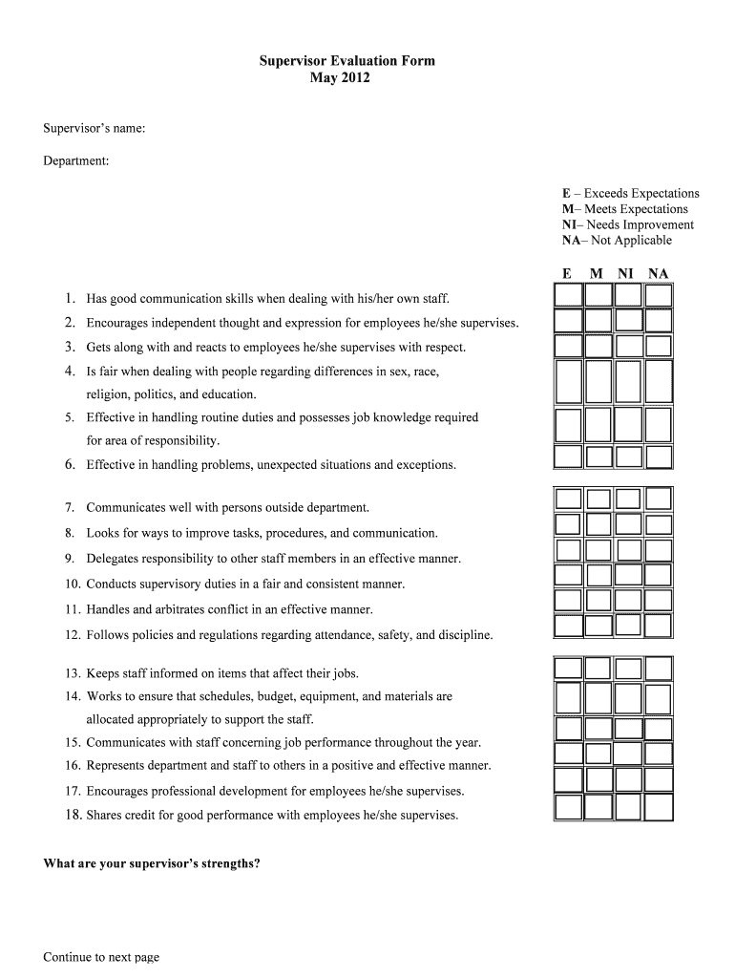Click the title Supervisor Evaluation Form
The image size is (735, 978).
coord(346,61)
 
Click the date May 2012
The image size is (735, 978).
coord(339,78)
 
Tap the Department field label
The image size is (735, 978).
coord(75,161)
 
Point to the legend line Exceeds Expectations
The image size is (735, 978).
coord(630,193)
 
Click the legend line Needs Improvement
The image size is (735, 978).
coord(627,224)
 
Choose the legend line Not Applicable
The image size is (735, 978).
coord(617,241)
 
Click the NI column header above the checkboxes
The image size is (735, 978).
coord(625,274)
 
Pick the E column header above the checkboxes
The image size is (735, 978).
coord(567,274)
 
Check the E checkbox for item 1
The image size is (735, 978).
coord(568,296)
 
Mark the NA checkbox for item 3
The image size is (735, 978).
coord(659,345)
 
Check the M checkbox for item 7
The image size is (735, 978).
coord(598,499)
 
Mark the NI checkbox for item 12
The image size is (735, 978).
coord(628,626)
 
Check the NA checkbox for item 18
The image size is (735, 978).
coord(659,808)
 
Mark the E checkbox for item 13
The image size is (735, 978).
coord(568,668)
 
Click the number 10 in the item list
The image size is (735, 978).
coord(73,584)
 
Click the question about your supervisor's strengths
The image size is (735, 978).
coord(152,864)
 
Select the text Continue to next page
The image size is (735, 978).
coord(101,957)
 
